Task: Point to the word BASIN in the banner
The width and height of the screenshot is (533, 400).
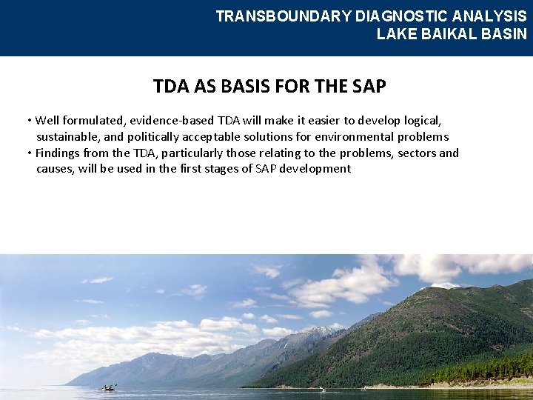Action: point(504,34)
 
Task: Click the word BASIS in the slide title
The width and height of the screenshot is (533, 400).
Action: point(244,87)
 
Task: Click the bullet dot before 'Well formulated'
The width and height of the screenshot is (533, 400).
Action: point(28,121)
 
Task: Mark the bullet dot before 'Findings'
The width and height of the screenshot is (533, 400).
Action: point(28,153)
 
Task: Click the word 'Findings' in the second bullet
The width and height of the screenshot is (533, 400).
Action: point(58,153)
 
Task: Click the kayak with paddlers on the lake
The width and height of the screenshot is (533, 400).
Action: point(109,387)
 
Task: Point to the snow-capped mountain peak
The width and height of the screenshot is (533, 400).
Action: point(315,331)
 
